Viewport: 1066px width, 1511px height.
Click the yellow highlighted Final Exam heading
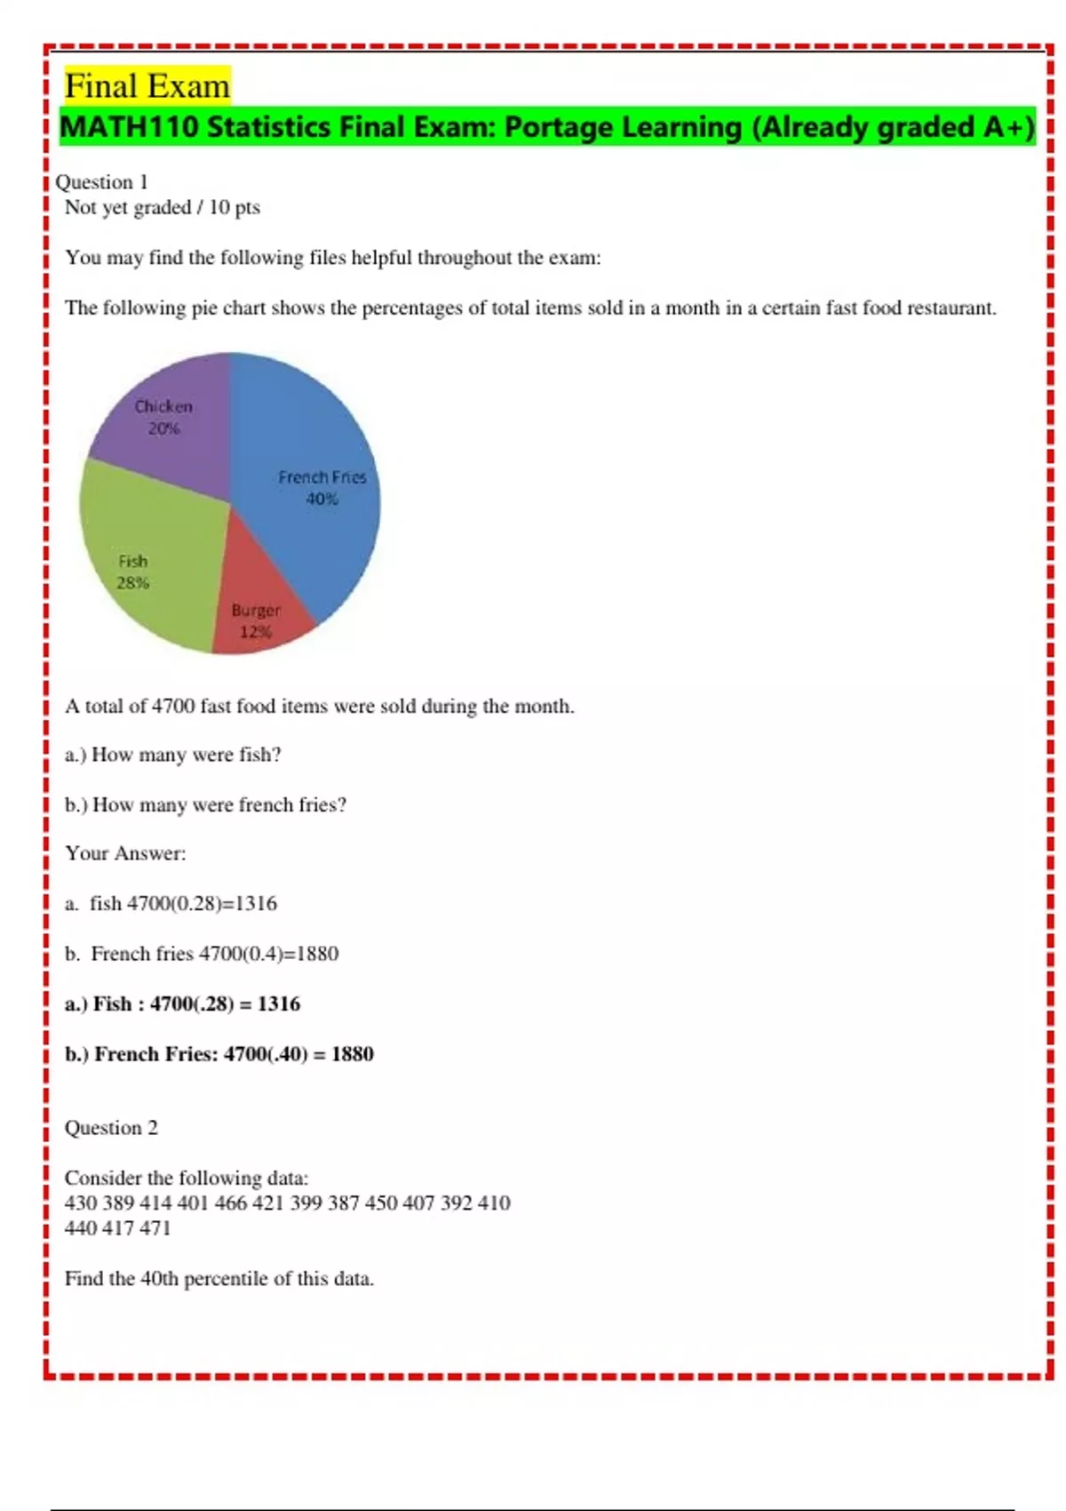tap(147, 86)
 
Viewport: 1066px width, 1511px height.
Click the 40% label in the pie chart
tap(322, 500)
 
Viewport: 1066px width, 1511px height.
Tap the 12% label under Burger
tap(255, 632)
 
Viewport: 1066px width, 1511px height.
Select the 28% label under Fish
tap(133, 583)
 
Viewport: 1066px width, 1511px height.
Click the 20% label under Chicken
tap(163, 428)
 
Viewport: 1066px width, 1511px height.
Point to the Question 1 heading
tap(101, 182)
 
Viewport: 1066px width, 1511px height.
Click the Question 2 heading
tap(111, 1128)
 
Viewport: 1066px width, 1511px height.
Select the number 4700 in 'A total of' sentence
tap(172, 707)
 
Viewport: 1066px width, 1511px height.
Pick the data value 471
tap(154, 1228)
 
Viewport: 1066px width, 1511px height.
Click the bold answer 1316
tap(279, 1004)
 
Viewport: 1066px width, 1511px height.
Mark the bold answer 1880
tap(352, 1054)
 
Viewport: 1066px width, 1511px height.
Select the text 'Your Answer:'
tap(125, 853)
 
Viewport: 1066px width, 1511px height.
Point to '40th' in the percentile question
tap(159, 1279)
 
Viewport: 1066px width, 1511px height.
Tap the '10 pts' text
tap(235, 207)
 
